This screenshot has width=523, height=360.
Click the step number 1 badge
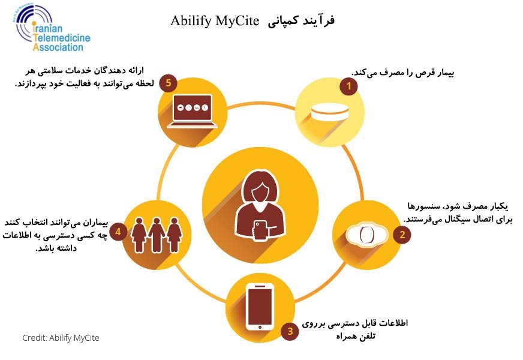click(348, 86)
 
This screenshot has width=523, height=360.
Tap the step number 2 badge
click(402, 235)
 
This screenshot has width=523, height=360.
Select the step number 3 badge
click(290, 331)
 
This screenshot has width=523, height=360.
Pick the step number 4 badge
click(118, 232)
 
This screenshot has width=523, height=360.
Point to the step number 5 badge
click(168, 83)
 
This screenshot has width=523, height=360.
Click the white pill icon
click(329, 112)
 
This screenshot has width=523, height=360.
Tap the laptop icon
click(193, 111)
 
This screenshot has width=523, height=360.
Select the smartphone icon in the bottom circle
click(260, 307)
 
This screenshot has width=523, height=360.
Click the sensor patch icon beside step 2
click(366, 235)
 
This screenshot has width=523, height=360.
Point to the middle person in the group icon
click(156, 235)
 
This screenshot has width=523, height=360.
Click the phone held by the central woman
click(260, 230)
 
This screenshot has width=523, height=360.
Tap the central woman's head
click(260, 187)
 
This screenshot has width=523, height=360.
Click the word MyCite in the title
click(237, 20)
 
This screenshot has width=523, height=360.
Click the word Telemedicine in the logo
click(62, 38)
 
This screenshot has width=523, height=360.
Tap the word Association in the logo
click(58, 47)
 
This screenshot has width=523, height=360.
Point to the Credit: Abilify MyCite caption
click(61, 338)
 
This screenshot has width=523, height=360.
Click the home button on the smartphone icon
click(260, 328)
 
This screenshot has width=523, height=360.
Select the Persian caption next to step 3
click(355, 329)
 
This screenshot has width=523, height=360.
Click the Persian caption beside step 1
click(402, 73)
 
